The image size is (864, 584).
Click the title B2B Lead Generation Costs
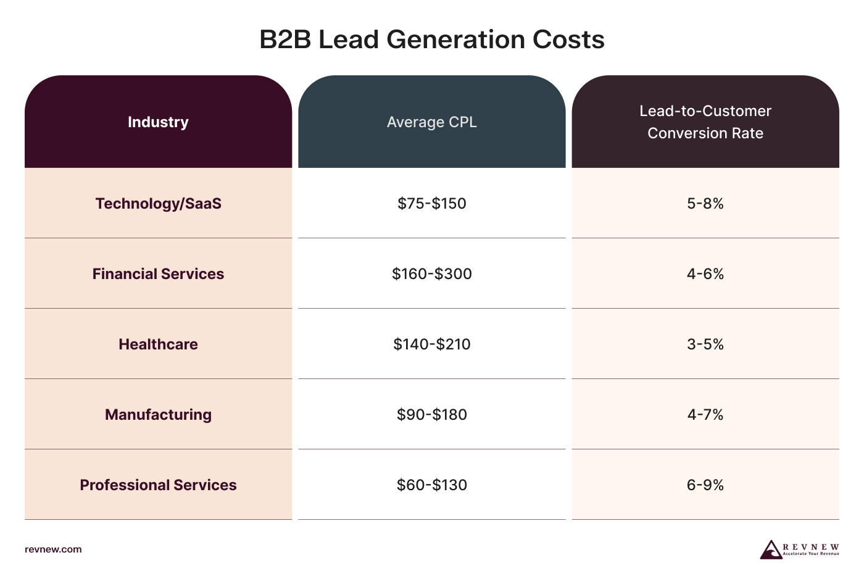431,40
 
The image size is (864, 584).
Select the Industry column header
158,122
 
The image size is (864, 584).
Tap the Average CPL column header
431,122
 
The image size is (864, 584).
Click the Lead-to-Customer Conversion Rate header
705,122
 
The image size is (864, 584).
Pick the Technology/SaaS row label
158,204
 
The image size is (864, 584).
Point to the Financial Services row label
158,274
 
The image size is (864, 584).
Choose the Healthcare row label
158,344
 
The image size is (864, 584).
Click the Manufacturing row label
158,415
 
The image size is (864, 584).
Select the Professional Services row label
158,485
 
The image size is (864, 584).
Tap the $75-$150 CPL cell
431,204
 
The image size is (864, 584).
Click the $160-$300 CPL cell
431,274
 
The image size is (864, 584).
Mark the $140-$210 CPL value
431,344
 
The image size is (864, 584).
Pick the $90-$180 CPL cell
431,415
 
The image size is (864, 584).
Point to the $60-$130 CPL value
431,485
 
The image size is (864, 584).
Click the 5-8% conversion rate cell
705,204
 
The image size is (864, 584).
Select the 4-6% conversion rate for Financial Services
705,274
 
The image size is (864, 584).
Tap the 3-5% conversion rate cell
705,344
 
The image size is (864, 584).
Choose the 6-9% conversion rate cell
705,485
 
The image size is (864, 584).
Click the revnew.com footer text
53,549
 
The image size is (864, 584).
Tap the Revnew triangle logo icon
770,550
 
